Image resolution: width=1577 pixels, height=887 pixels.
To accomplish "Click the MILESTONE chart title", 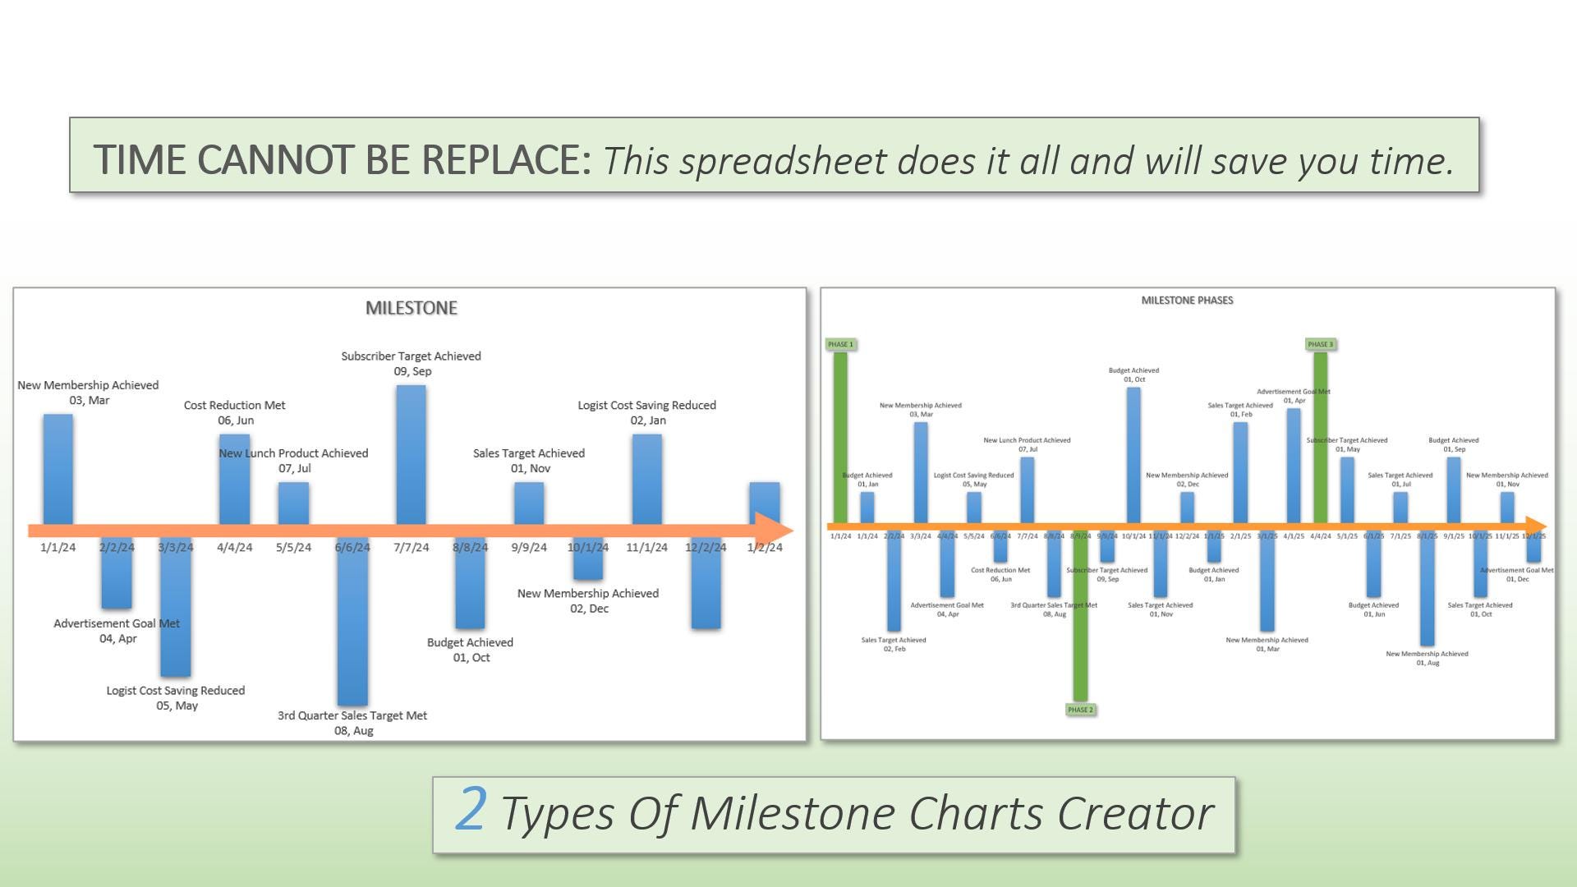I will tap(411, 308).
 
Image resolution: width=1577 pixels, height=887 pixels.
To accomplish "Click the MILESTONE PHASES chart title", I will tap(1187, 301).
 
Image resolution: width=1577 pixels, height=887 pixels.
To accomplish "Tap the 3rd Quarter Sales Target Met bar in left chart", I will tap(352, 624).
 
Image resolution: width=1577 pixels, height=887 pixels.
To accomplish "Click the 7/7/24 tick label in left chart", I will tap(411, 548).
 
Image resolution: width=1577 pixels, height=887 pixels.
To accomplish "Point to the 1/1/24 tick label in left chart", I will tap(57, 548).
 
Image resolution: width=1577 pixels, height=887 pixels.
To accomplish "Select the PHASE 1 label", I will tap(840, 344).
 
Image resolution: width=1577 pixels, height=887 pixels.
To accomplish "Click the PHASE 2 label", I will tap(1080, 710).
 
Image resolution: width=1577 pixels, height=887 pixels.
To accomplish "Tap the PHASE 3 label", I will tap(1320, 344).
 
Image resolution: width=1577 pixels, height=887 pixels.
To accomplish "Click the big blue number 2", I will tap(471, 810).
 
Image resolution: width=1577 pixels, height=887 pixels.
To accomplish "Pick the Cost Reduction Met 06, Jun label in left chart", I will tap(235, 412).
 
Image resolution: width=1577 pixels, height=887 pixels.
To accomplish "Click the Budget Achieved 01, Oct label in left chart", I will tap(470, 650).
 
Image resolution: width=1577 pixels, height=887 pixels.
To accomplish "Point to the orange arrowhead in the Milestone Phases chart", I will tap(1535, 526).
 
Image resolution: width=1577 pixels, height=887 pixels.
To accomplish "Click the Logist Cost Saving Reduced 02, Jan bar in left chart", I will tap(646, 479).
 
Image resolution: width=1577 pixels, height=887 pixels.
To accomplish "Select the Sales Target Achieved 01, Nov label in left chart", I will tap(529, 461).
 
